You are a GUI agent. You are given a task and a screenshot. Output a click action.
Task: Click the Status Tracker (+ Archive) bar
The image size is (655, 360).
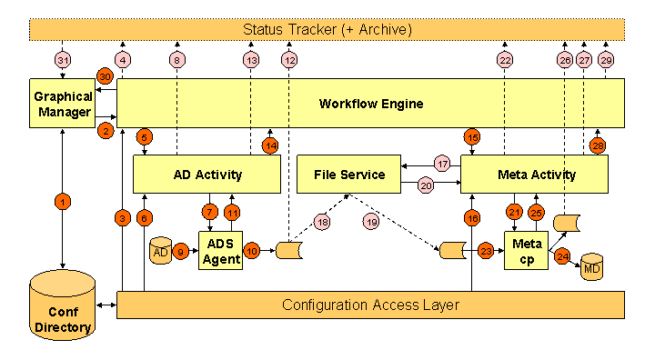tap(327, 30)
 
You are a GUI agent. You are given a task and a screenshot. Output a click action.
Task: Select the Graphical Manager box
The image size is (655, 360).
tap(62, 104)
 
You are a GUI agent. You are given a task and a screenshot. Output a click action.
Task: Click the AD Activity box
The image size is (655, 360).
tap(206, 174)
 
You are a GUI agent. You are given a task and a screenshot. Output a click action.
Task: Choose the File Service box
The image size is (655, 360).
tap(349, 174)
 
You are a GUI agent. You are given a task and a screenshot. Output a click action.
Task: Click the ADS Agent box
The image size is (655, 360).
tap(222, 252)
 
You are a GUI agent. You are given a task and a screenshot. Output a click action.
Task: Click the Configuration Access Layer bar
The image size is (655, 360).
tap(370, 305)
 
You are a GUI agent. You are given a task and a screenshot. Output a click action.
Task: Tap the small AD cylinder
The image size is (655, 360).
tap(161, 251)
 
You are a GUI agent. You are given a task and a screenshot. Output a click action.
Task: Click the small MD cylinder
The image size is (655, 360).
tap(592, 268)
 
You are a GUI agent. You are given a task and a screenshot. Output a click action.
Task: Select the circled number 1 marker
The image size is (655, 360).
tap(62, 202)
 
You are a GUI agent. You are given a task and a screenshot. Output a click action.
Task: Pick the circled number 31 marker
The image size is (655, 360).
tap(62, 60)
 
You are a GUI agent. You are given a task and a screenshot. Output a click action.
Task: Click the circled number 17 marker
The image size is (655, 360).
tap(442, 165)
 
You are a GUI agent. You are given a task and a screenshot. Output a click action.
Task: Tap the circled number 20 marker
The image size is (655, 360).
tap(426, 185)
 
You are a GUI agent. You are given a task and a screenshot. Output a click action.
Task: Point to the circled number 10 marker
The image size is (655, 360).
tap(252, 251)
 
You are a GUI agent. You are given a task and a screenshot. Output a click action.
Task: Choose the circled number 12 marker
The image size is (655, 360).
tap(289, 60)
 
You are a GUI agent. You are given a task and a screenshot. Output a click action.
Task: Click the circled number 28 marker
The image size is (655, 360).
tap(598, 145)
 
